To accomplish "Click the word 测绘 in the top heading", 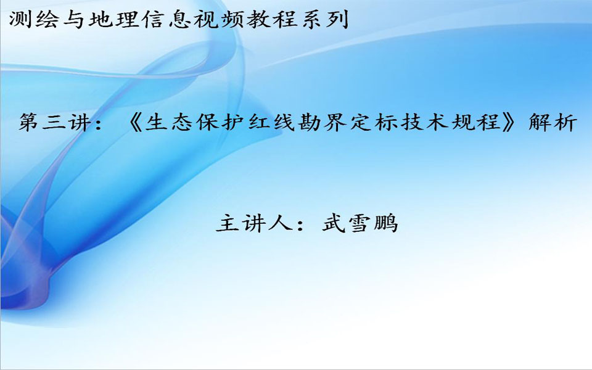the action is click(34, 19).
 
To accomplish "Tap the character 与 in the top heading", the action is click(73, 19).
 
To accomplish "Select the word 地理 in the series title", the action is click(113, 19).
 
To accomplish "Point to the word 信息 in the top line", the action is click(165, 19).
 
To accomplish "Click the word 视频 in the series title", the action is click(218, 19).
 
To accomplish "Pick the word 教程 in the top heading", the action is click(271, 19).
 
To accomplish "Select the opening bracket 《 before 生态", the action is click(135, 122).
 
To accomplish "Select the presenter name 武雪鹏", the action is click(360, 223).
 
